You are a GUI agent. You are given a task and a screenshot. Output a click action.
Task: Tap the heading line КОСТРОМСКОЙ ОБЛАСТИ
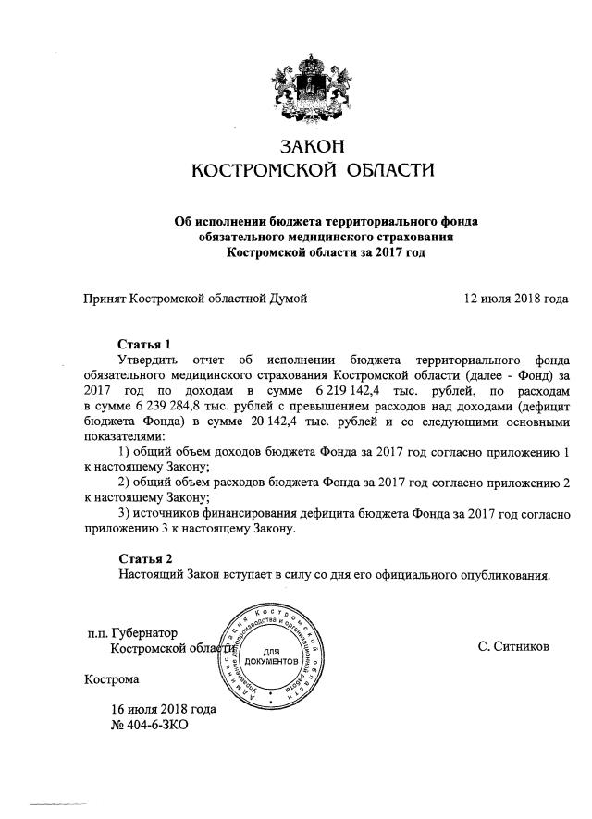(x=311, y=171)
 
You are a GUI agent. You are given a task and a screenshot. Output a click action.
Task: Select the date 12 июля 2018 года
(x=515, y=298)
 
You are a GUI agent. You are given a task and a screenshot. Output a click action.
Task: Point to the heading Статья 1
(x=145, y=344)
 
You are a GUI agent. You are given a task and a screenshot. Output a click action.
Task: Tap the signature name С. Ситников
(x=513, y=647)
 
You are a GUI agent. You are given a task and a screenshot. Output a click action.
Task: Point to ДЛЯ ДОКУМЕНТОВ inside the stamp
(x=274, y=659)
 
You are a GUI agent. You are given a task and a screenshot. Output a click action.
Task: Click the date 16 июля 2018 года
(x=163, y=709)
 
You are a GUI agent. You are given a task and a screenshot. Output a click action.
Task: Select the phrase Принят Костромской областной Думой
(x=195, y=298)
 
